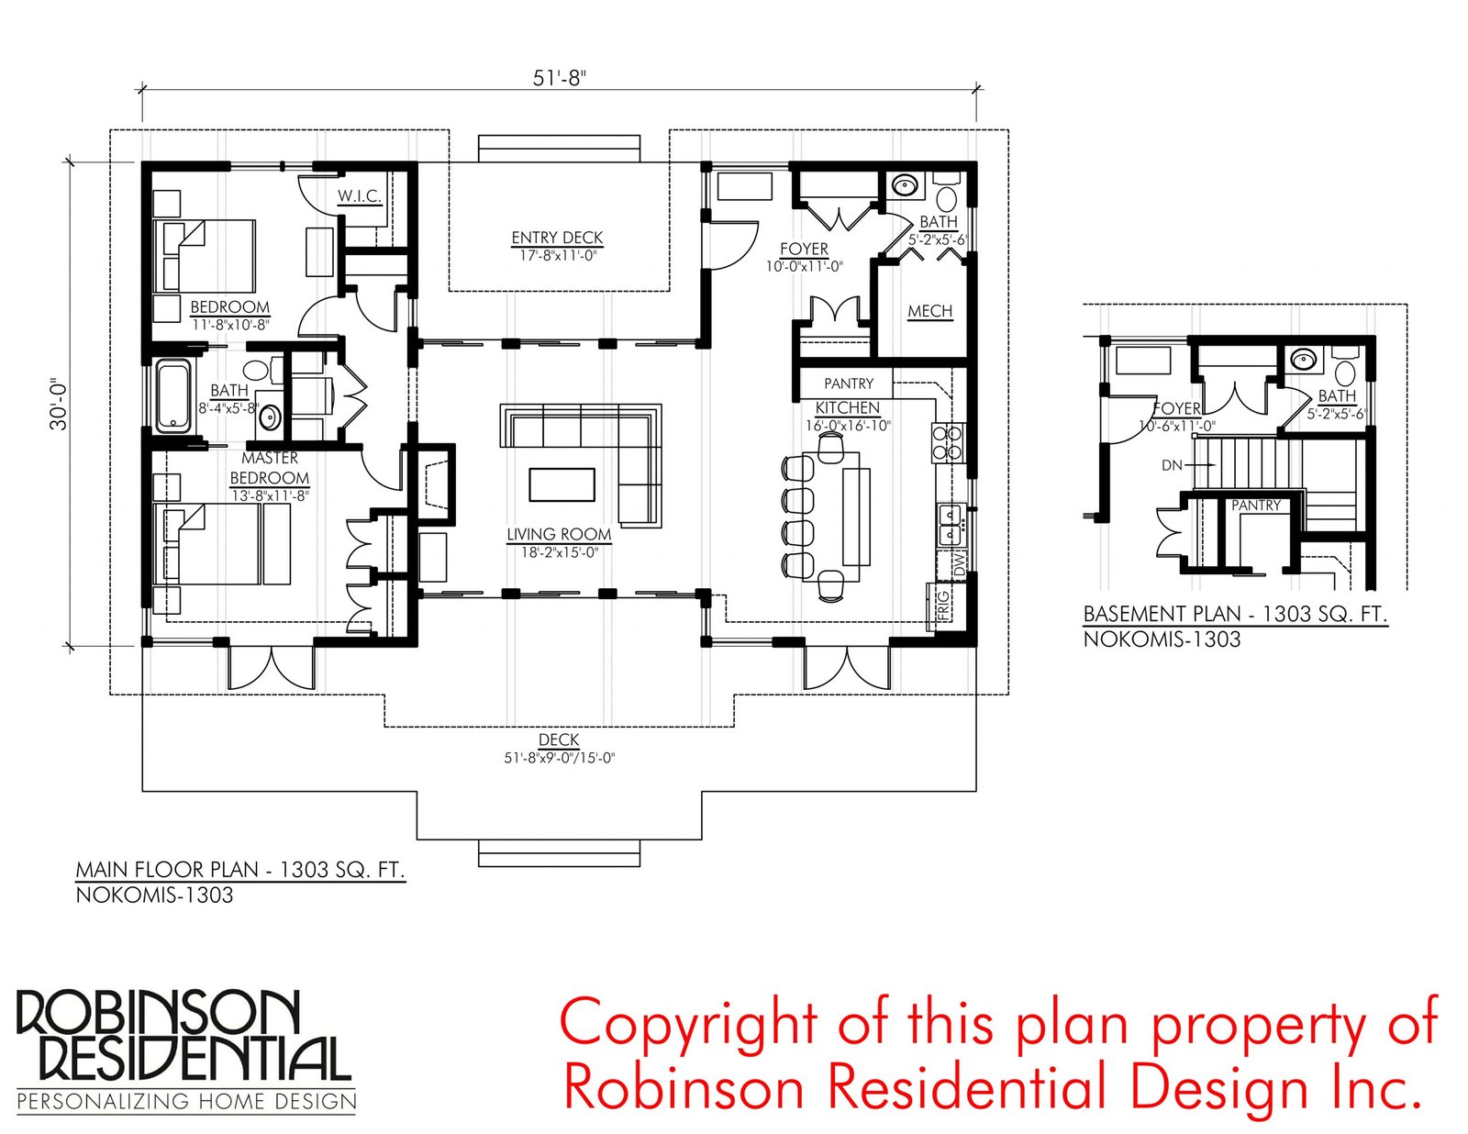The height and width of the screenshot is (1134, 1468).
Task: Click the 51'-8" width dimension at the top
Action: coord(559,78)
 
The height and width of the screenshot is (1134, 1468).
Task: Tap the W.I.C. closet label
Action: coord(360,195)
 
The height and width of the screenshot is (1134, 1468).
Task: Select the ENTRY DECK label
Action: coord(557,238)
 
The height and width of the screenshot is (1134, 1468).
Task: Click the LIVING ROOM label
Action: coord(559,534)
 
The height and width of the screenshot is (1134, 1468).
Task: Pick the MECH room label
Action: coord(929,311)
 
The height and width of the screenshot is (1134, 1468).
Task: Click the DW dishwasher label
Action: coord(960,563)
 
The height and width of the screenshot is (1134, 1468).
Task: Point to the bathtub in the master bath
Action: coord(175,396)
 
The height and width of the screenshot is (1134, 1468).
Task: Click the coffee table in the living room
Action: coord(562,485)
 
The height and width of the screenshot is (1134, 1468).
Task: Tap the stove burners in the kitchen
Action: coord(949,441)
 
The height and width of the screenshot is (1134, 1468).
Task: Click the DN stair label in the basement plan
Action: coord(1171,465)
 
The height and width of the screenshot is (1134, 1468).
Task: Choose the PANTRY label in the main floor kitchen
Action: coord(849,384)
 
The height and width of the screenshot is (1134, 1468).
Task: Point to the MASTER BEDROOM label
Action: coord(270,468)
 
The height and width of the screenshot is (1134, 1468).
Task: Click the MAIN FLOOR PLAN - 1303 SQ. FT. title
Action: coord(239,869)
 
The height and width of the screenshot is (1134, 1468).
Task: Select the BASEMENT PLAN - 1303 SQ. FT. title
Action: coord(1235,614)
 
